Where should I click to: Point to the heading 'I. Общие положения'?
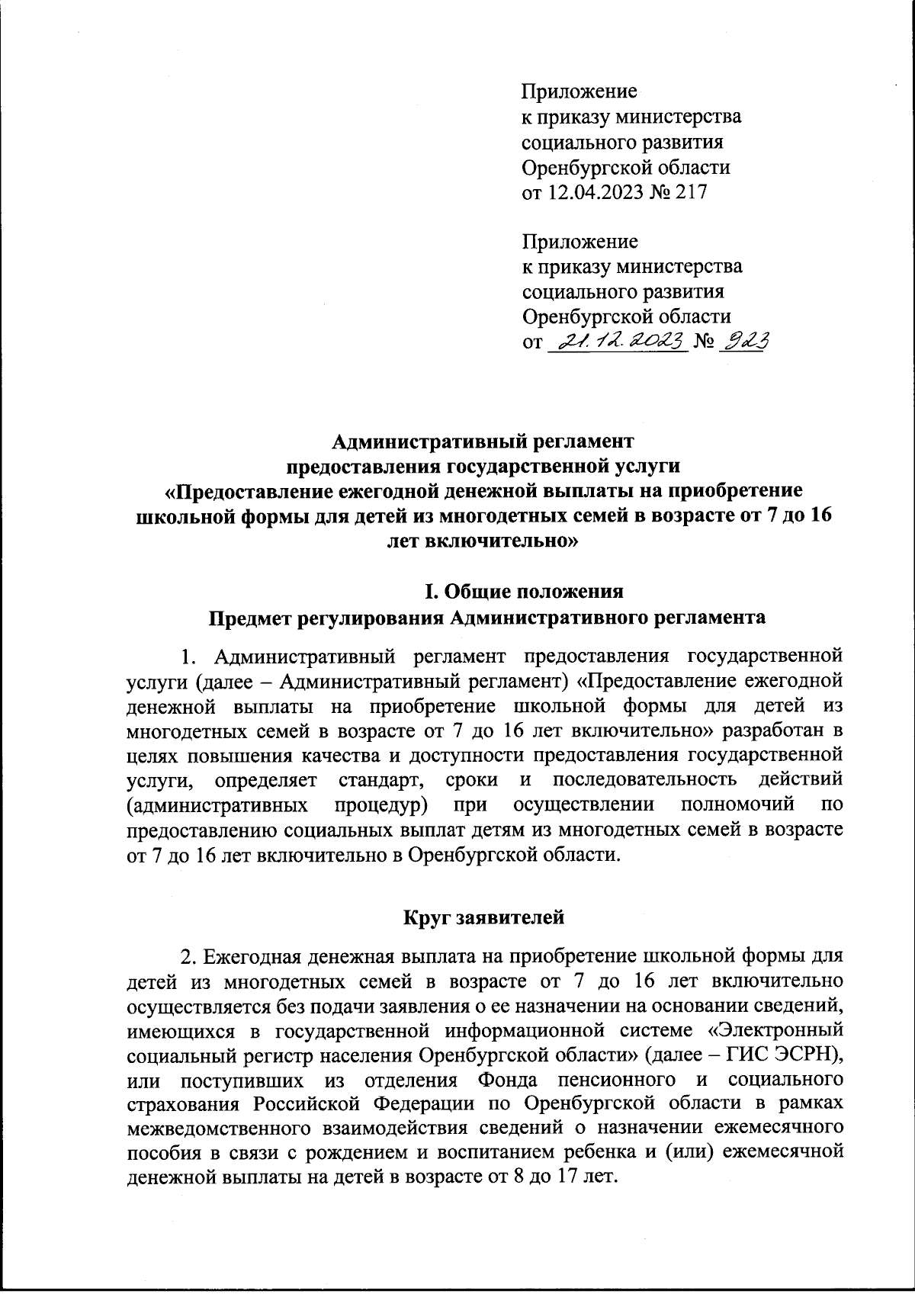(x=524, y=591)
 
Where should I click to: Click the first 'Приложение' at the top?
(x=579, y=92)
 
